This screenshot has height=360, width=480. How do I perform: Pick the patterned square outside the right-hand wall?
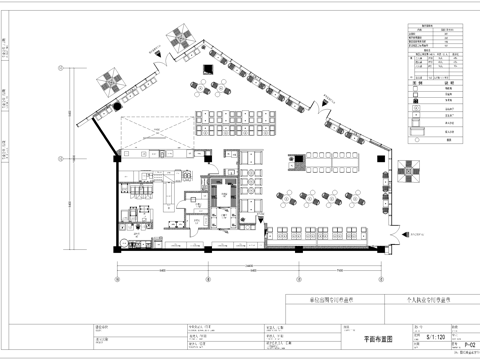pyautogui.click(x=409, y=172)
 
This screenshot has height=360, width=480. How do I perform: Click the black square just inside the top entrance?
pyautogui.click(x=205, y=69)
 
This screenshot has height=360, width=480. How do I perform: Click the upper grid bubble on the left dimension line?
pyautogui.click(x=61, y=67)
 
